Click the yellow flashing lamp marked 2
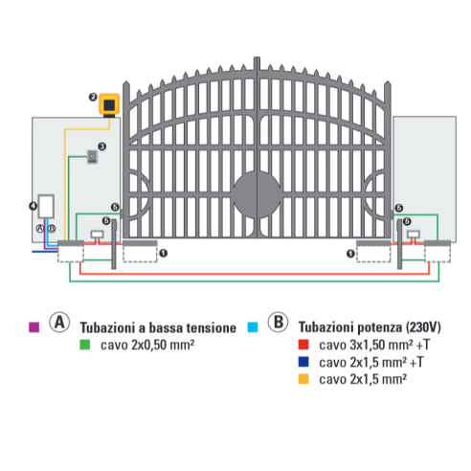pyautogui.click(x=109, y=104)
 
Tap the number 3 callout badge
pyautogui.click(x=102, y=146)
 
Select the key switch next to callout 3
pyautogui.click(x=92, y=157)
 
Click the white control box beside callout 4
pyautogui.click(x=46, y=206)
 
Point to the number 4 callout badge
pyautogui.click(x=33, y=206)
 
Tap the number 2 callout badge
pyautogui.click(x=93, y=97)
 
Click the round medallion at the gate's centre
pyautogui.click(x=257, y=194)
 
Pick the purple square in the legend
pyautogui.click(x=34, y=327)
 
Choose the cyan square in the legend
pyautogui.click(x=253, y=327)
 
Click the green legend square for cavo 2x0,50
pyautogui.click(x=85, y=345)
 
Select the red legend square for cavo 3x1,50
pyautogui.click(x=303, y=345)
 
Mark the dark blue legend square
pyautogui.click(x=303, y=362)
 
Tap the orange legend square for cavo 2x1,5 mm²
pyautogui.click(x=303, y=379)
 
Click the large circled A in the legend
pyautogui.click(x=59, y=323)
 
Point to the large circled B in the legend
pyautogui.click(x=278, y=323)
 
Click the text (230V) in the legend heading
pyautogui.click(x=423, y=327)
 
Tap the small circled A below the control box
pyautogui.click(x=40, y=229)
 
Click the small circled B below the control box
pyautogui.click(x=52, y=229)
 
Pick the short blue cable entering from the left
pyautogui.click(x=45, y=252)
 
